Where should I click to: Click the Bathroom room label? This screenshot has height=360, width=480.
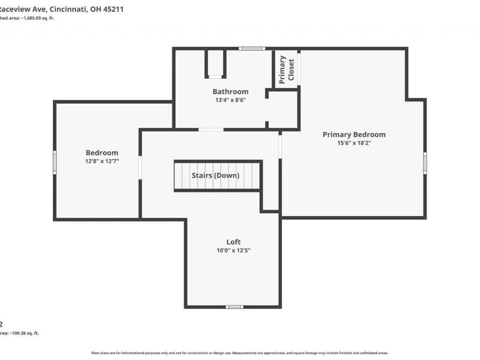click(x=230, y=92)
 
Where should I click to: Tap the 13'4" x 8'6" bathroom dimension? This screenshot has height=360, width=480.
click(x=230, y=100)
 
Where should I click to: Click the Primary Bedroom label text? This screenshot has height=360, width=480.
click(x=354, y=134)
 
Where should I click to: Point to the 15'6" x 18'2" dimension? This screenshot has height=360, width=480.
click(x=354, y=143)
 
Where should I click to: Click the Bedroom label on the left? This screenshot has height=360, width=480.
click(x=102, y=152)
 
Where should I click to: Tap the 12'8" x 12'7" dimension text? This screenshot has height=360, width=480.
click(x=102, y=161)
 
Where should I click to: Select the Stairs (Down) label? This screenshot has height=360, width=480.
click(x=215, y=175)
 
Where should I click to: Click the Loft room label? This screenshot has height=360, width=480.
click(x=233, y=242)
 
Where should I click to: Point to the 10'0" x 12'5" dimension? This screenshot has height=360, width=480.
click(x=233, y=250)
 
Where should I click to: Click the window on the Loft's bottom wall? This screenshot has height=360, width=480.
click(x=234, y=307)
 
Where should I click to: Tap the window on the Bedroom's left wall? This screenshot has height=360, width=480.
click(x=55, y=161)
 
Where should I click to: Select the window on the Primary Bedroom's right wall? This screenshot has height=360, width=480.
click(x=425, y=163)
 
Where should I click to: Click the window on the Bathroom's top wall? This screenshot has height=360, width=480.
click(x=251, y=49)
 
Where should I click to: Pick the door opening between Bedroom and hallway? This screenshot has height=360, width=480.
click(x=140, y=167)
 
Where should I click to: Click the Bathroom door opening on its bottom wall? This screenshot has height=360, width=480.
click(x=211, y=129)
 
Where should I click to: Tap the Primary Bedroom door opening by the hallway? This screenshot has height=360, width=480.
click(x=280, y=146)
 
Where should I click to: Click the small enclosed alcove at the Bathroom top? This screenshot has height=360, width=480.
click(x=215, y=63)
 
